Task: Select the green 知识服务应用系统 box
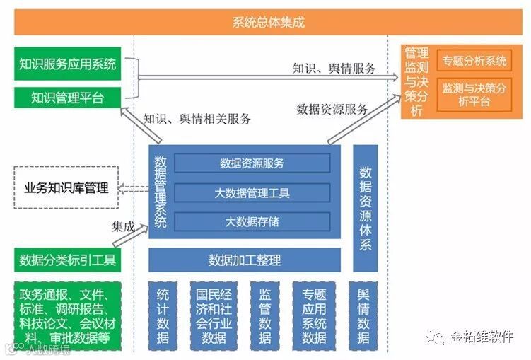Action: click(68, 64)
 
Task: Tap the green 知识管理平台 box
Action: click(68, 98)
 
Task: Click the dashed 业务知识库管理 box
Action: click(66, 187)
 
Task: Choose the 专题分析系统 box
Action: click(474, 61)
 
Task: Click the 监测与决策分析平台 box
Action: click(474, 95)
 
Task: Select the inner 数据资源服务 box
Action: click(252, 163)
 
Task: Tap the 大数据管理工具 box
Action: click(252, 192)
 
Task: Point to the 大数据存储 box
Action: click(252, 221)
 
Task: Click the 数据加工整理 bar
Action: click(245, 260)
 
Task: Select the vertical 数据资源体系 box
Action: click(366, 208)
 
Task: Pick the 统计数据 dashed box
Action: click(163, 316)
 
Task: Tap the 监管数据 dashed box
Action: click(265, 316)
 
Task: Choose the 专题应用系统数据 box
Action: click(314, 316)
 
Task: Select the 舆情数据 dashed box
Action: click(363, 316)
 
